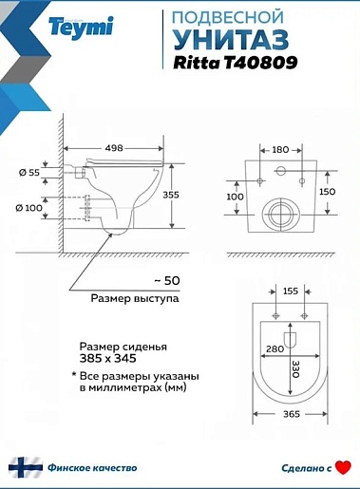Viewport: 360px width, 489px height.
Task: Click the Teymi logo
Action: [81, 28]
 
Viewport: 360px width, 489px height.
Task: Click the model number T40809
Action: [260, 63]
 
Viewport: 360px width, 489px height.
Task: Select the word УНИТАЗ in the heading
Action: [231, 39]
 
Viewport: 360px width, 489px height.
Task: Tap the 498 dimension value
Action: [114, 148]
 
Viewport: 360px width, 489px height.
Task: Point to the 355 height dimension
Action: [171, 195]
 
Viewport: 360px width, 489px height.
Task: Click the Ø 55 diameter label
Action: [29, 173]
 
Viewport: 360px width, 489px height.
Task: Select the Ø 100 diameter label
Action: [28, 208]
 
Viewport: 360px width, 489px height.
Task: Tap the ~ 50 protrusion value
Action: [167, 280]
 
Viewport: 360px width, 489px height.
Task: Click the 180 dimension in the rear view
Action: [280, 150]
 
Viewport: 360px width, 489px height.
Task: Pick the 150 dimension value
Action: [328, 192]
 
